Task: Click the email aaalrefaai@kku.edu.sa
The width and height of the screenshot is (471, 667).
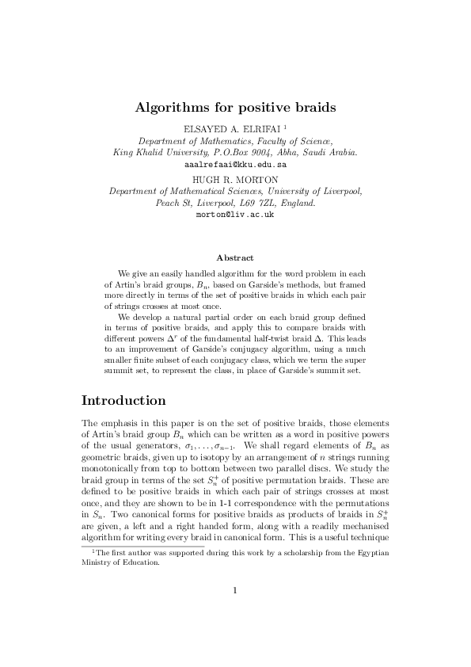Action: [235, 164]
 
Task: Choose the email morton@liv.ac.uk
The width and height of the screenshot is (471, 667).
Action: [235, 215]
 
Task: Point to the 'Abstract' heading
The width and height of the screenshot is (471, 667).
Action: [235, 257]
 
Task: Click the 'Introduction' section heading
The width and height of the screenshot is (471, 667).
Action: [123, 400]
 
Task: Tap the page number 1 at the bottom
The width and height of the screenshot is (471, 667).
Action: [235, 634]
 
